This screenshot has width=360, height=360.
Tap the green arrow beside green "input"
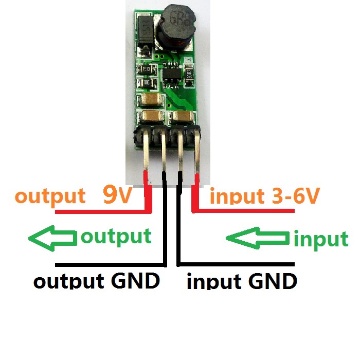pyautogui.click(x=258, y=238)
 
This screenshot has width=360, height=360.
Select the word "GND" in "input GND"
pyautogui.click(x=272, y=282)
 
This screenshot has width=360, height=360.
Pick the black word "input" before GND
pyautogui.click(x=213, y=282)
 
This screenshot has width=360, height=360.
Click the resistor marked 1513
pyautogui.click(x=146, y=70)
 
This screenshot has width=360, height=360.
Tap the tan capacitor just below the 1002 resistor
pyautogui.click(x=148, y=100)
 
